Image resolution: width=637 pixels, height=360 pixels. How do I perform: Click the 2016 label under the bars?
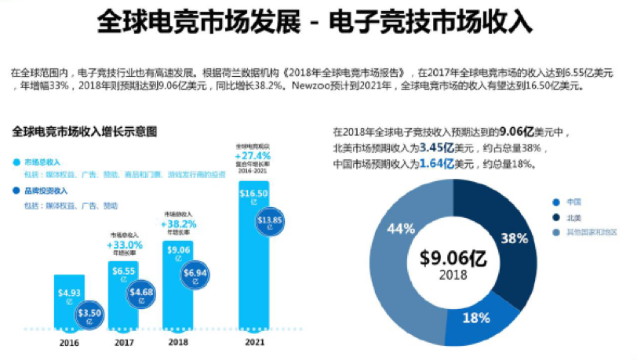tap(69, 342)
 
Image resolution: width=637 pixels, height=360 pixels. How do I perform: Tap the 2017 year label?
tap(123, 342)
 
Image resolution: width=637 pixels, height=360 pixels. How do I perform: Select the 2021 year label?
tap(253, 342)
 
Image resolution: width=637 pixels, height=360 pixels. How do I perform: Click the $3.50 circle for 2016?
tap(91, 314)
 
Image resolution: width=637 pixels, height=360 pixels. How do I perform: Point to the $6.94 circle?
tap(195, 272)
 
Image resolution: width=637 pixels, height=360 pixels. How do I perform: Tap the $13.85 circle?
tap(271, 220)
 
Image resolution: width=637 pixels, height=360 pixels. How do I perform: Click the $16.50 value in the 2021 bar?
tap(253, 193)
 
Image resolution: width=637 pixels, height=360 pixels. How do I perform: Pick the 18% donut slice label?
tap(477, 318)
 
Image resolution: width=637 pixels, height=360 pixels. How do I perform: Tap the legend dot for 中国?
tap(556, 201)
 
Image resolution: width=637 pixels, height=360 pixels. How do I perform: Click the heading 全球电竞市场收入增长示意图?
tap(85, 132)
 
